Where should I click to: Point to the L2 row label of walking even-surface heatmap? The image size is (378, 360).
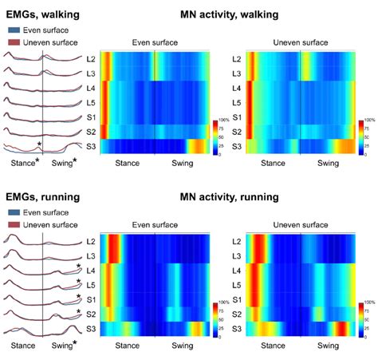click(x=101, y=59)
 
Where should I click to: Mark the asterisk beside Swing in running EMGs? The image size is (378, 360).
click(x=75, y=344)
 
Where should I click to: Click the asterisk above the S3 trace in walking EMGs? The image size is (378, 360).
click(x=39, y=144)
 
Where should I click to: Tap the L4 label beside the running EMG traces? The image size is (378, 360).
click(x=90, y=271)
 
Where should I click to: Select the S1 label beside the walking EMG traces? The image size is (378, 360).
click(x=90, y=117)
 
